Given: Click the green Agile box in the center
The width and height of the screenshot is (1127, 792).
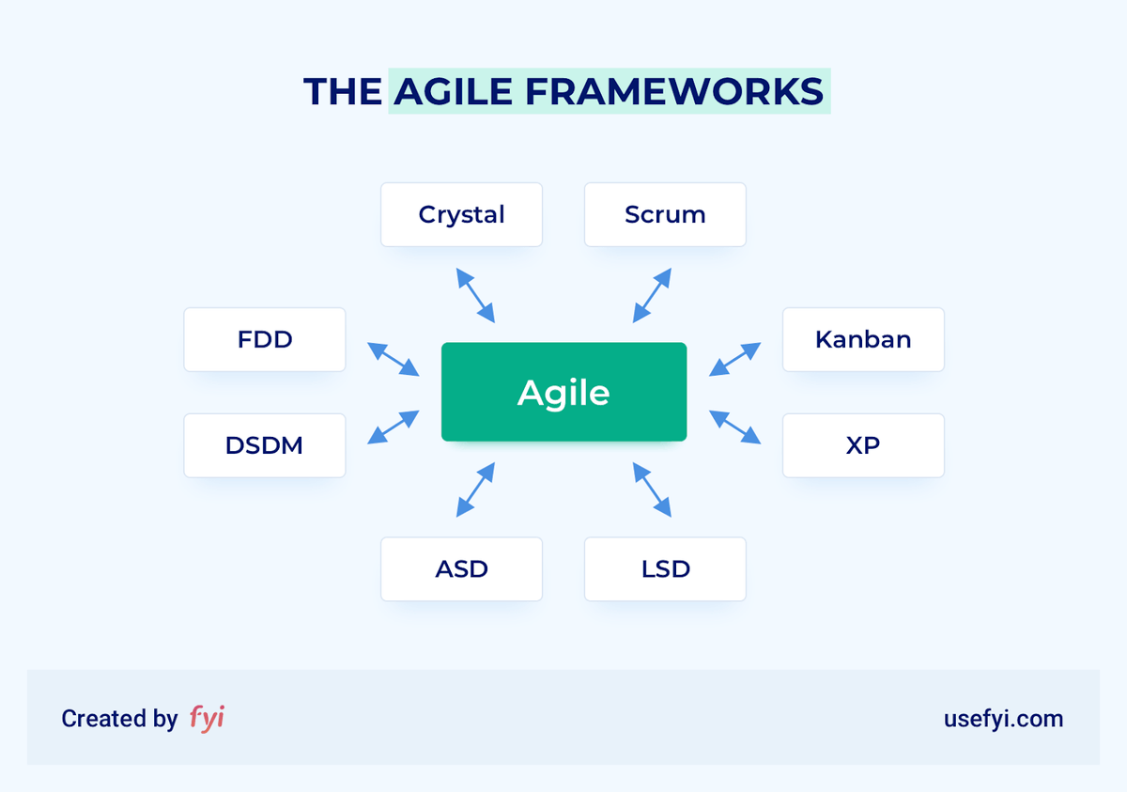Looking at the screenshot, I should (x=563, y=392).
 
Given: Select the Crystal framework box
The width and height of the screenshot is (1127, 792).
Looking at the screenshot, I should (x=461, y=214).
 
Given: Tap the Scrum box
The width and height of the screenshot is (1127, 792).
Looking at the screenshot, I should (x=665, y=214).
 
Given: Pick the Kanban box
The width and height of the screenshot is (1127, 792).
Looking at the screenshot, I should (x=863, y=339).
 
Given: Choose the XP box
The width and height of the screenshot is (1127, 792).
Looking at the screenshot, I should (x=863, y=445).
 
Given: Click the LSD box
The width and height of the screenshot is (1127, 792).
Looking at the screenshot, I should (x=665, y=568).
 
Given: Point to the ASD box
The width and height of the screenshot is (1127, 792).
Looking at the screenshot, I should (x=461, y=568).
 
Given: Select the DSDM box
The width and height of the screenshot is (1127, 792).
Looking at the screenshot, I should (x=265, y=445).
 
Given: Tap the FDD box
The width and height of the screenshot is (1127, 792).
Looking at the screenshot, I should (x=265, y=339).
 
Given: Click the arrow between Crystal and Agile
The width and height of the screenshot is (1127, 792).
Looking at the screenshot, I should (x=475, y=295).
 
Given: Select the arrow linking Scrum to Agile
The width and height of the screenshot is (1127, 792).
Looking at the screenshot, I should (x=652, y=295).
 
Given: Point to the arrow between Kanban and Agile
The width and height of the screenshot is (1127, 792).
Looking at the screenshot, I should (x=734, y=359).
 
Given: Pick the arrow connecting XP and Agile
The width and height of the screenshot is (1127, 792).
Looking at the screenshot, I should (x=734, y=427).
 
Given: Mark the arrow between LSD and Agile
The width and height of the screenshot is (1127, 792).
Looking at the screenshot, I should (x=652, y=489).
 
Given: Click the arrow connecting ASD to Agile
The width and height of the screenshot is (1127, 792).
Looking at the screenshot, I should (x=475, y=489).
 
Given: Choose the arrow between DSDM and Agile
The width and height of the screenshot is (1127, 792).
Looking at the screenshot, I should (x=393, y=427).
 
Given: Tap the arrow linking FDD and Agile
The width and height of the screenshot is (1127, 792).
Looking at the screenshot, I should (x=393, y=359).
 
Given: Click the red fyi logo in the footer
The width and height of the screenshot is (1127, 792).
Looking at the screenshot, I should (x=207, y=718).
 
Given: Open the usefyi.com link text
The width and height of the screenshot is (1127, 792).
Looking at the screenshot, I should (x=1003, y=719).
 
